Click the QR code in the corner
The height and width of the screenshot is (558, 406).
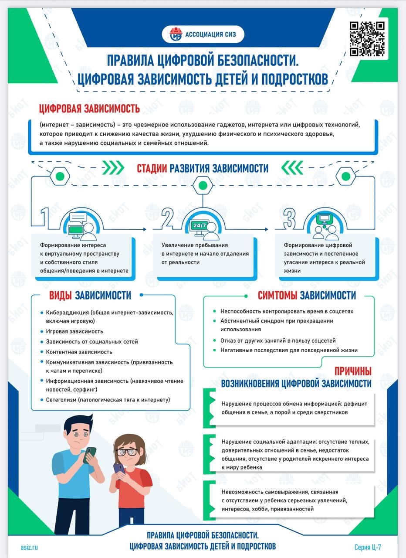[x=367, y=39]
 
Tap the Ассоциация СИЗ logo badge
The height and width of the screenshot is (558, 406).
[x=203, y=34]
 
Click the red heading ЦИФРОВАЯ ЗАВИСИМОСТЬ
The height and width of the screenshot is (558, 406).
[x=89, y=109]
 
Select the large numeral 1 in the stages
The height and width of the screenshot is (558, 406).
[x=45, y=218]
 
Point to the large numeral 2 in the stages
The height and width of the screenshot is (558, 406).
[x=168, y=218]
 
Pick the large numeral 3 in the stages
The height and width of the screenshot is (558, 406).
[x=290, y=218]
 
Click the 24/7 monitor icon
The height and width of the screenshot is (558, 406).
[x=200, y=228]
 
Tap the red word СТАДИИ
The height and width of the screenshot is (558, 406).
[x=152, y=168]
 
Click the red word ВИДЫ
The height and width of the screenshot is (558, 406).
[x=61, y=295]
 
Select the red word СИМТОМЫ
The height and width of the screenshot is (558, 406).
[x=277, y=295]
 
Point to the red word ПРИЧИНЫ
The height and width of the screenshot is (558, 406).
[x=353, y=371]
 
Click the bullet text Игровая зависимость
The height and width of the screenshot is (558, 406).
[x=74, y=331]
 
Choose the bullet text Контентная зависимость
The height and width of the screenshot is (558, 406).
[x=79, y=352]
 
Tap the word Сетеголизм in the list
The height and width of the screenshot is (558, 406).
[x=61, y=400]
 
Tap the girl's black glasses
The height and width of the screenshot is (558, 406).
[x=127, y=452]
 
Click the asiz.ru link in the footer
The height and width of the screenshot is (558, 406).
[x=29, y=547]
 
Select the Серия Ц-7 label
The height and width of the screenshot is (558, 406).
[x=368, y=547]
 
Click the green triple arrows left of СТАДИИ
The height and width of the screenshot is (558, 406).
[x=113, y=168]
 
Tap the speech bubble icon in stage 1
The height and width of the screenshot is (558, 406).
[x=78, y=218]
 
